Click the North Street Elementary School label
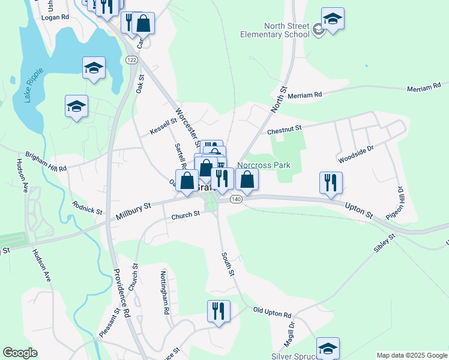pyautogui.click(x=286, y=30)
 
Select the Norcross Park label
pyautogui.click(x=264, y=165)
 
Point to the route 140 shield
pyautogui.click(x=235, y=199)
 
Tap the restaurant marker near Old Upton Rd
pyautogui.click(x=218, y=311)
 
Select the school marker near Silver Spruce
pyautogui.click(x=328, y=347)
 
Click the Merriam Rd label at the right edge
pyautogui.click(x=427, y=88)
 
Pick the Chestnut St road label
pyautogui.click(x=283, y=129)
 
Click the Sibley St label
pyautogui.click(x=384, y=245)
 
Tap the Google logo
pyautogui.click(x=20, y=353)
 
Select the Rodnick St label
pyautogui.click(x=87, y=210)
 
